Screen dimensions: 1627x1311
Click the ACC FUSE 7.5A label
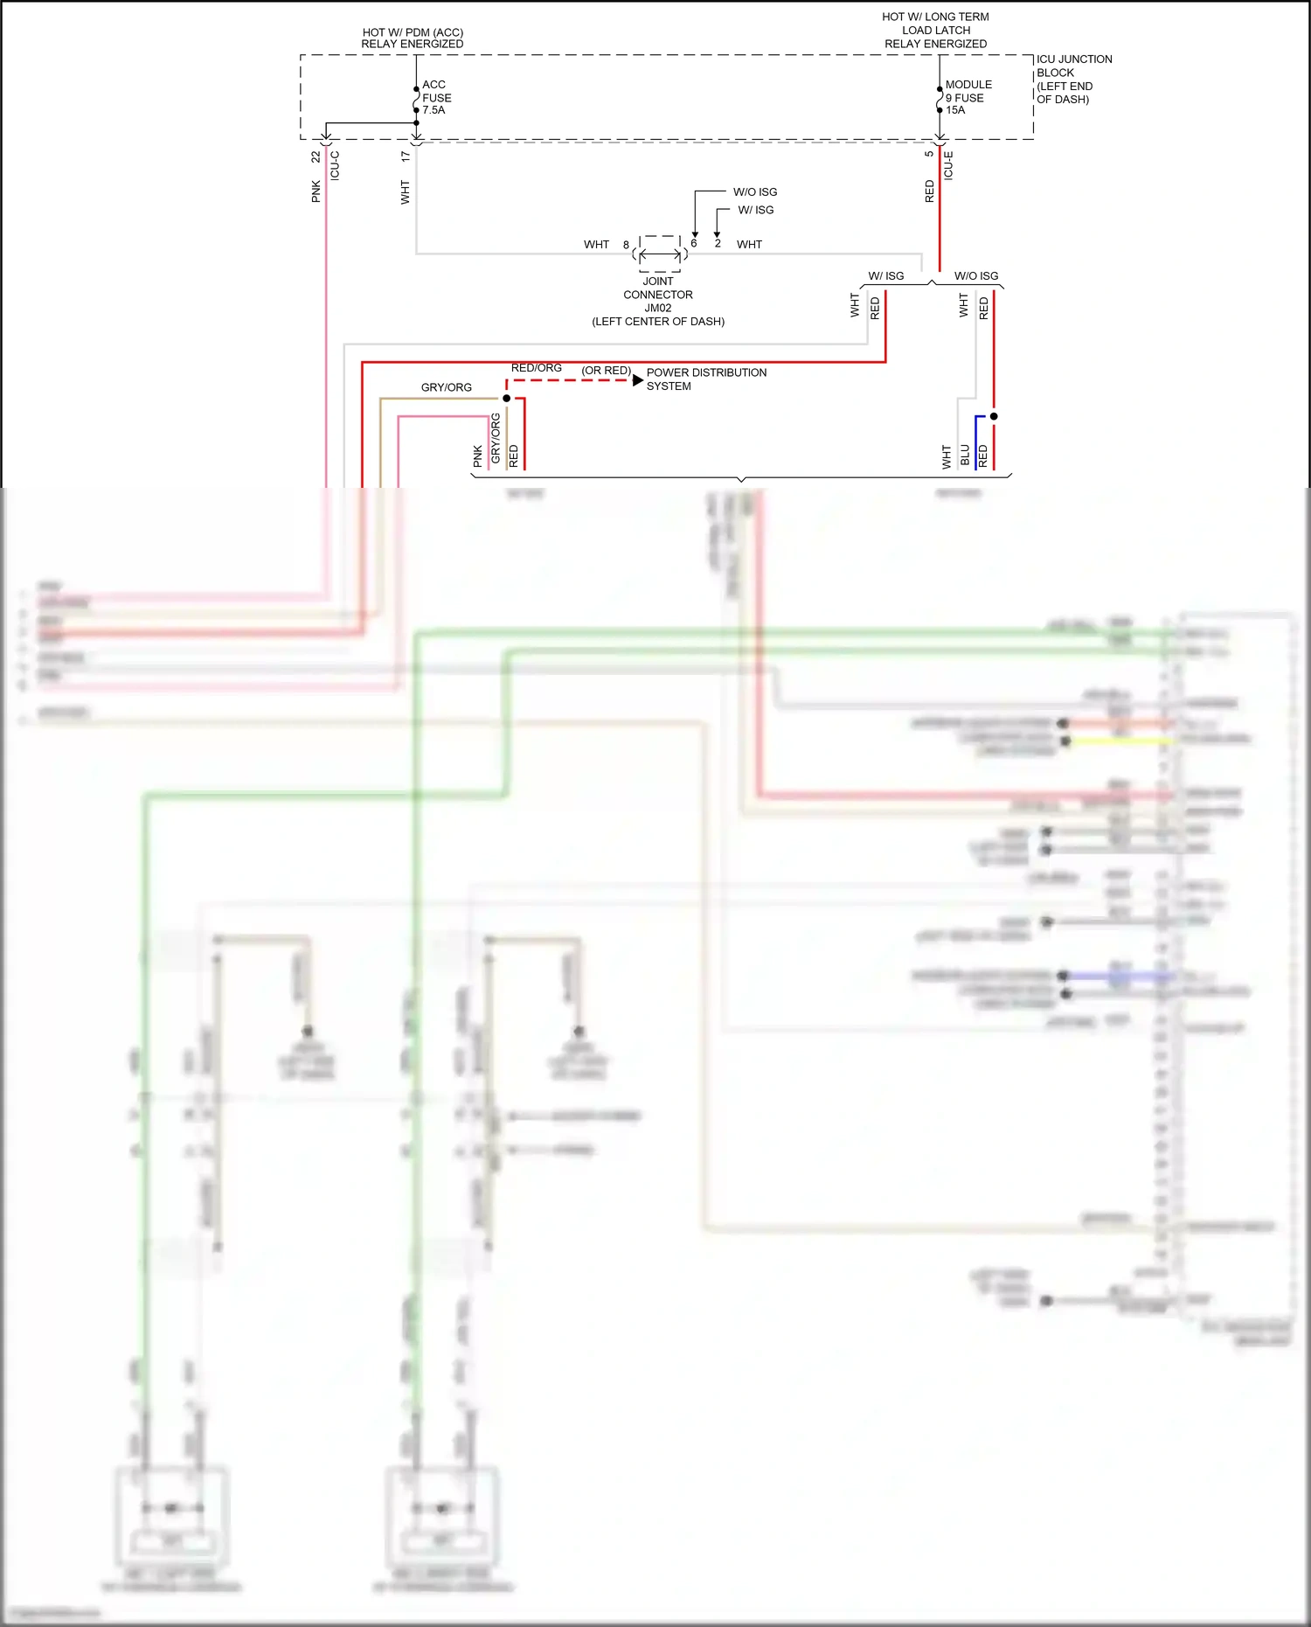435,97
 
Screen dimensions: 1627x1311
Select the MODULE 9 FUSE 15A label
968,97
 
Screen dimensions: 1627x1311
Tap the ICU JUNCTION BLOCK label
1073,79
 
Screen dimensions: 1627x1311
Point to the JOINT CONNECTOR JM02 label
658,301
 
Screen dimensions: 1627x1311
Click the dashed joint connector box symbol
660,254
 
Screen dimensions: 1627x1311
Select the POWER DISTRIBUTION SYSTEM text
705,379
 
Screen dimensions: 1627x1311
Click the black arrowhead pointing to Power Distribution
638,380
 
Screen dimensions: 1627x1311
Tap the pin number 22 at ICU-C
316,156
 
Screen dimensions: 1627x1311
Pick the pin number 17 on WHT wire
405,156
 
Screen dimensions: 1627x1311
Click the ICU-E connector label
948,164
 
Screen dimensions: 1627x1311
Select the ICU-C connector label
335,164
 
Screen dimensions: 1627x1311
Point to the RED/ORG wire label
536,368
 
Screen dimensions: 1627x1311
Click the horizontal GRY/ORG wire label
446,387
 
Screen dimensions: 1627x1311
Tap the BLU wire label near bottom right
965,455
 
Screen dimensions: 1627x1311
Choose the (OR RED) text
606,371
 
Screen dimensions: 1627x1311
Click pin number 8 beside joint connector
626,245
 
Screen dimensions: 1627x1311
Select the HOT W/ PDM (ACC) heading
413,38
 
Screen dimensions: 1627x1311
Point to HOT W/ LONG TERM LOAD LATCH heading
935,30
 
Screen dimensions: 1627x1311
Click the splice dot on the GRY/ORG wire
507,399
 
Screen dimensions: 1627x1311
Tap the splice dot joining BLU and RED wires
994,416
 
